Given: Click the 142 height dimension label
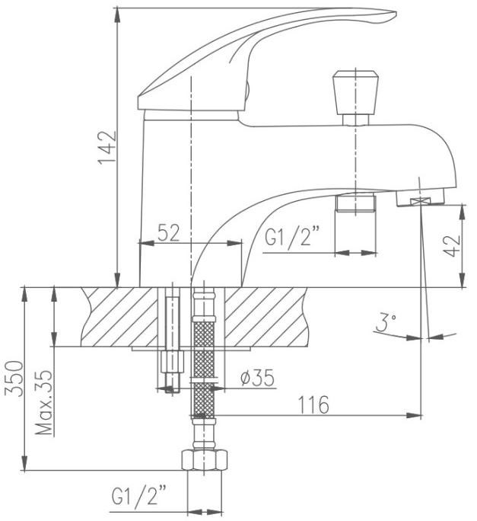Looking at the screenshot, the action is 107,147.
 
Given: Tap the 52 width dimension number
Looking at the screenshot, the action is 169,232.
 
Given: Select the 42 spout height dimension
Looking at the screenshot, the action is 453,246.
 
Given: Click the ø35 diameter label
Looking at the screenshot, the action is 258,378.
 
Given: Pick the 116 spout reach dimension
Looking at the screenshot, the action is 313,404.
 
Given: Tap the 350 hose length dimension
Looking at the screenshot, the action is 15,379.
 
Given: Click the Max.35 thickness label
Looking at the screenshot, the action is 44,402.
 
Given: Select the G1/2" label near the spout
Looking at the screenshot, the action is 293,236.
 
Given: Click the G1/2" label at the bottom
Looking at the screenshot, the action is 139,496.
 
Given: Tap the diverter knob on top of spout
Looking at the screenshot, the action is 355,97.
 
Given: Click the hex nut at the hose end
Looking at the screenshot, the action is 205,460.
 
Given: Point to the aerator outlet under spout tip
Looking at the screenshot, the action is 420,197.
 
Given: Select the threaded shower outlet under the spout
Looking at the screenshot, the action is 355,203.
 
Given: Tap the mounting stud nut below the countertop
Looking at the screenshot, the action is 172,362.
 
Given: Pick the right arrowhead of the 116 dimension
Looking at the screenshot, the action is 415,415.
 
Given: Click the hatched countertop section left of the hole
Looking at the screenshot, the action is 119,317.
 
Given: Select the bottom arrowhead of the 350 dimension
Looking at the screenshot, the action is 24,463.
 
